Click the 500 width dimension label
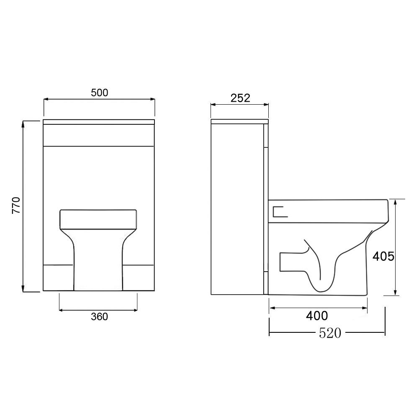click(x=99, y=93)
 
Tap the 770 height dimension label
click(x=16, y=205)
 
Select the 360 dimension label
click(x=99, y=316)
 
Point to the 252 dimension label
click(x=240, y=98)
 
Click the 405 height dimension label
click(x=383, y=257)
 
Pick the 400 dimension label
click(x=317, y=316)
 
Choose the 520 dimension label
click(x=330, y=333)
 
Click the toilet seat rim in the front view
click(x=98, y=219)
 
